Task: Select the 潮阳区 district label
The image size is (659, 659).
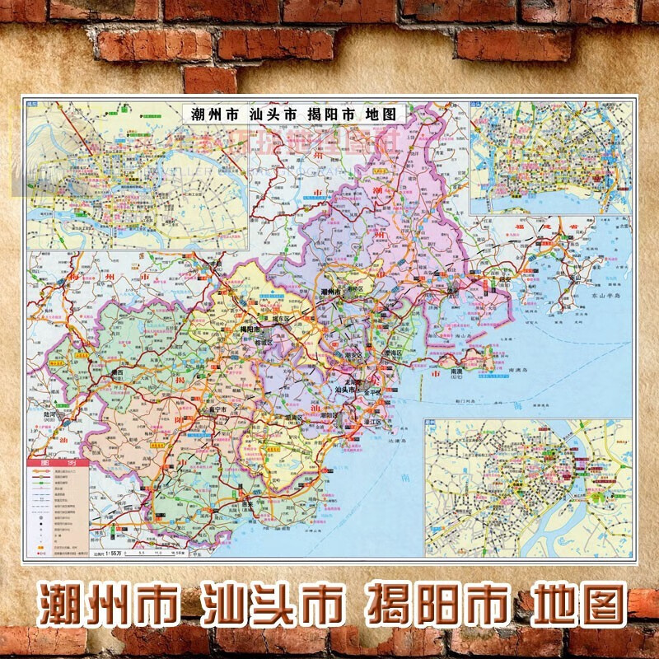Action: click(331, 415)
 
